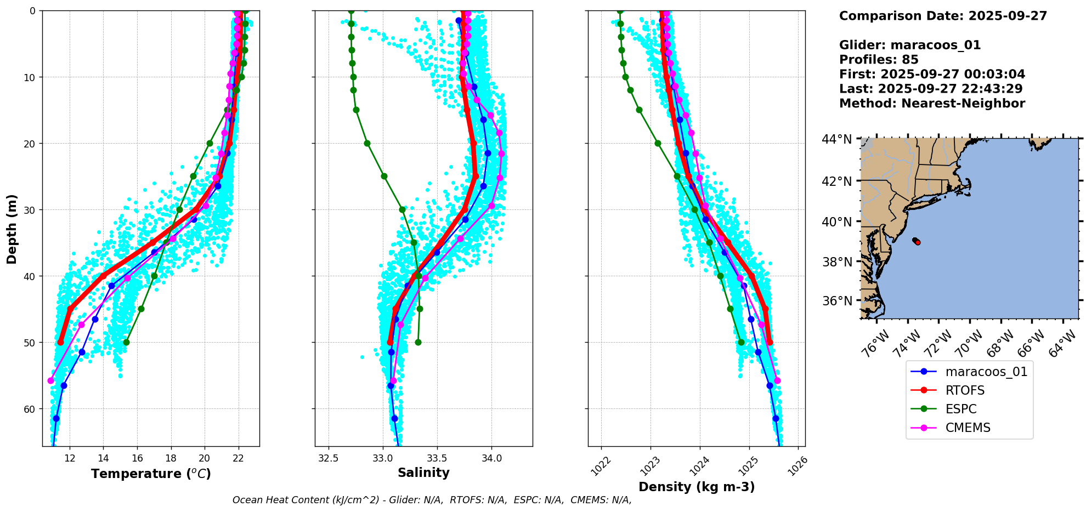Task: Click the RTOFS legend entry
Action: tap(965, 390)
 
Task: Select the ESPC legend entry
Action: tap(960, 409)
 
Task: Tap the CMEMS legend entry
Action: tap(968, 428)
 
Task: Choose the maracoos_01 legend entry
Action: tap(986, 372)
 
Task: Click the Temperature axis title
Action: tap(151, 474)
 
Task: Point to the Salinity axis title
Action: tap(423, 473)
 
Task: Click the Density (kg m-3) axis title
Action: tap(697, 487)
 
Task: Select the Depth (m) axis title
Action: tap(12, 229)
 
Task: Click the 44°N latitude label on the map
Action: tap(837, 140)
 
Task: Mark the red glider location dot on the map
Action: tap(918, 242)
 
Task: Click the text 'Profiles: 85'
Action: tap(879, 60)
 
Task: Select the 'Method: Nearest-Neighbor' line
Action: tap(932, 104)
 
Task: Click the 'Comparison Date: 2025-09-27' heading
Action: tap(943, 16)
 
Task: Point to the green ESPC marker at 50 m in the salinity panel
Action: tap(418, 342)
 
